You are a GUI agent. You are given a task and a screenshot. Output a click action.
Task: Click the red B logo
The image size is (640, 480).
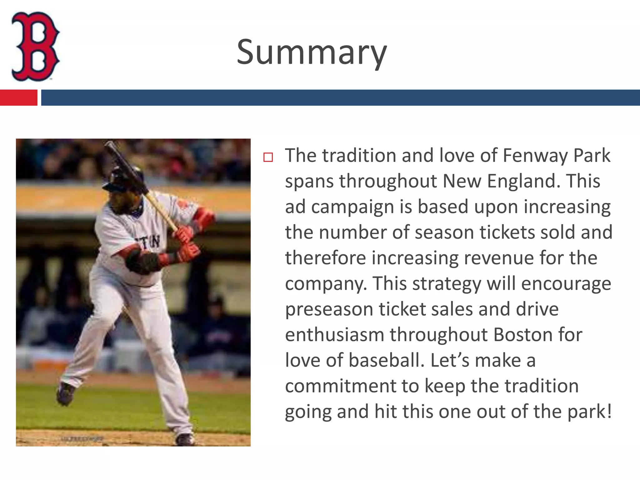click(x=35, y=46)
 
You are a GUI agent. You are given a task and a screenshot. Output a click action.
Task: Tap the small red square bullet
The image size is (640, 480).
click(x=268, y=157)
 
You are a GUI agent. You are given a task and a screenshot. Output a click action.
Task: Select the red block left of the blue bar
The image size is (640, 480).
click(x=18, y=97)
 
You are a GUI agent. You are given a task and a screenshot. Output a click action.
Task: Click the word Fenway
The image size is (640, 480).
click(x=535, y=155)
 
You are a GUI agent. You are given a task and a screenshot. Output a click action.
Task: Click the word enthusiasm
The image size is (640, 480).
click(x=334, y=335)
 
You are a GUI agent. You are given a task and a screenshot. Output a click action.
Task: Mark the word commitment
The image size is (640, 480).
click(x=341, y=386)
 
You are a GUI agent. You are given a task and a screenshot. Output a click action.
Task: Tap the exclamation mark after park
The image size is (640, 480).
click(x=608, y=411)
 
